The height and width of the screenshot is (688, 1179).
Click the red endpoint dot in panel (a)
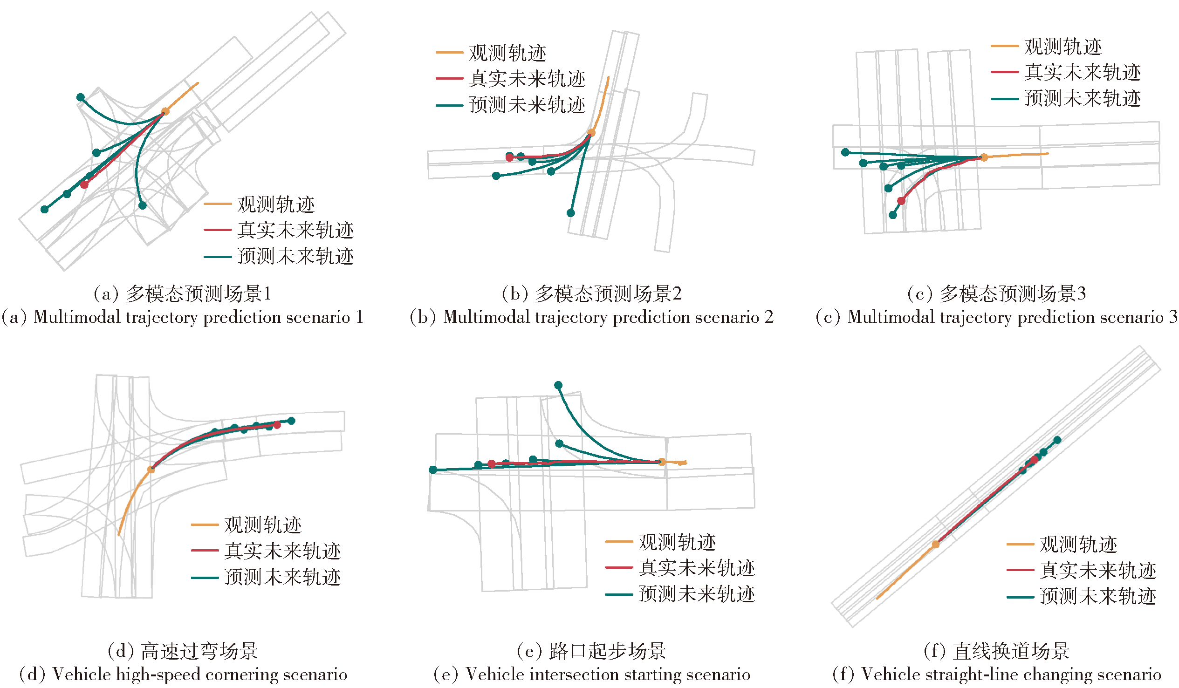point(84,185)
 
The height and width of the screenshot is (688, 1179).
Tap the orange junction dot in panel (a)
point(165,111)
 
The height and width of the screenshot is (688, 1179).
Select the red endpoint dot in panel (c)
point(901,201)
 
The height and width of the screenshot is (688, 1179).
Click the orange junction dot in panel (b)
point(591,133)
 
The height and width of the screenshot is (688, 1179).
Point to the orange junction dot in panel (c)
point(984,157)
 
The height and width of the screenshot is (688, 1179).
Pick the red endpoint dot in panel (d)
point(277,425)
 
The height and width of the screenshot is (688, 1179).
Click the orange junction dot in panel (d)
point(151,470)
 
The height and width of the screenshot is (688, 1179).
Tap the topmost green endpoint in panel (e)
point(558,385)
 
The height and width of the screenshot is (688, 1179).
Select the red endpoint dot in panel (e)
point(492,464)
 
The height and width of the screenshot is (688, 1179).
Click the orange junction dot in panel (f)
point(936,545)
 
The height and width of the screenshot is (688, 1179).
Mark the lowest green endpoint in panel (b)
point(571,213)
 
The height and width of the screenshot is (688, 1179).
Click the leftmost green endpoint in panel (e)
point(433,470)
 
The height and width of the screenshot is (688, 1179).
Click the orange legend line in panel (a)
point(218,204)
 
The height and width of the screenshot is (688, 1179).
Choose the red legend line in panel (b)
point(449,79)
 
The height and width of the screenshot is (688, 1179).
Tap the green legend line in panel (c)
point(1005,99)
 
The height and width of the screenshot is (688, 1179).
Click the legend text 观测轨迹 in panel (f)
point(1078,545)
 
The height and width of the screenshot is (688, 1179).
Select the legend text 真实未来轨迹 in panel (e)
point(697,568)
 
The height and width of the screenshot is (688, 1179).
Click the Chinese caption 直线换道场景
point(1011,651)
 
